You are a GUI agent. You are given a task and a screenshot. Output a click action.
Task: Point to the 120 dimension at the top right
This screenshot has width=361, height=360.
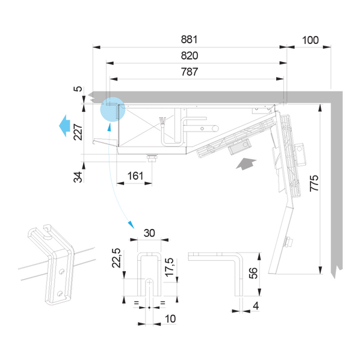click(309, 40)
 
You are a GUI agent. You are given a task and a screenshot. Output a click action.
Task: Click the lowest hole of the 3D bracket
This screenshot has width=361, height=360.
click(59, 293)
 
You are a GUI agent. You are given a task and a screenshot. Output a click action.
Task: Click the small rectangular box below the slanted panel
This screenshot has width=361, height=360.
click(239, 147)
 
